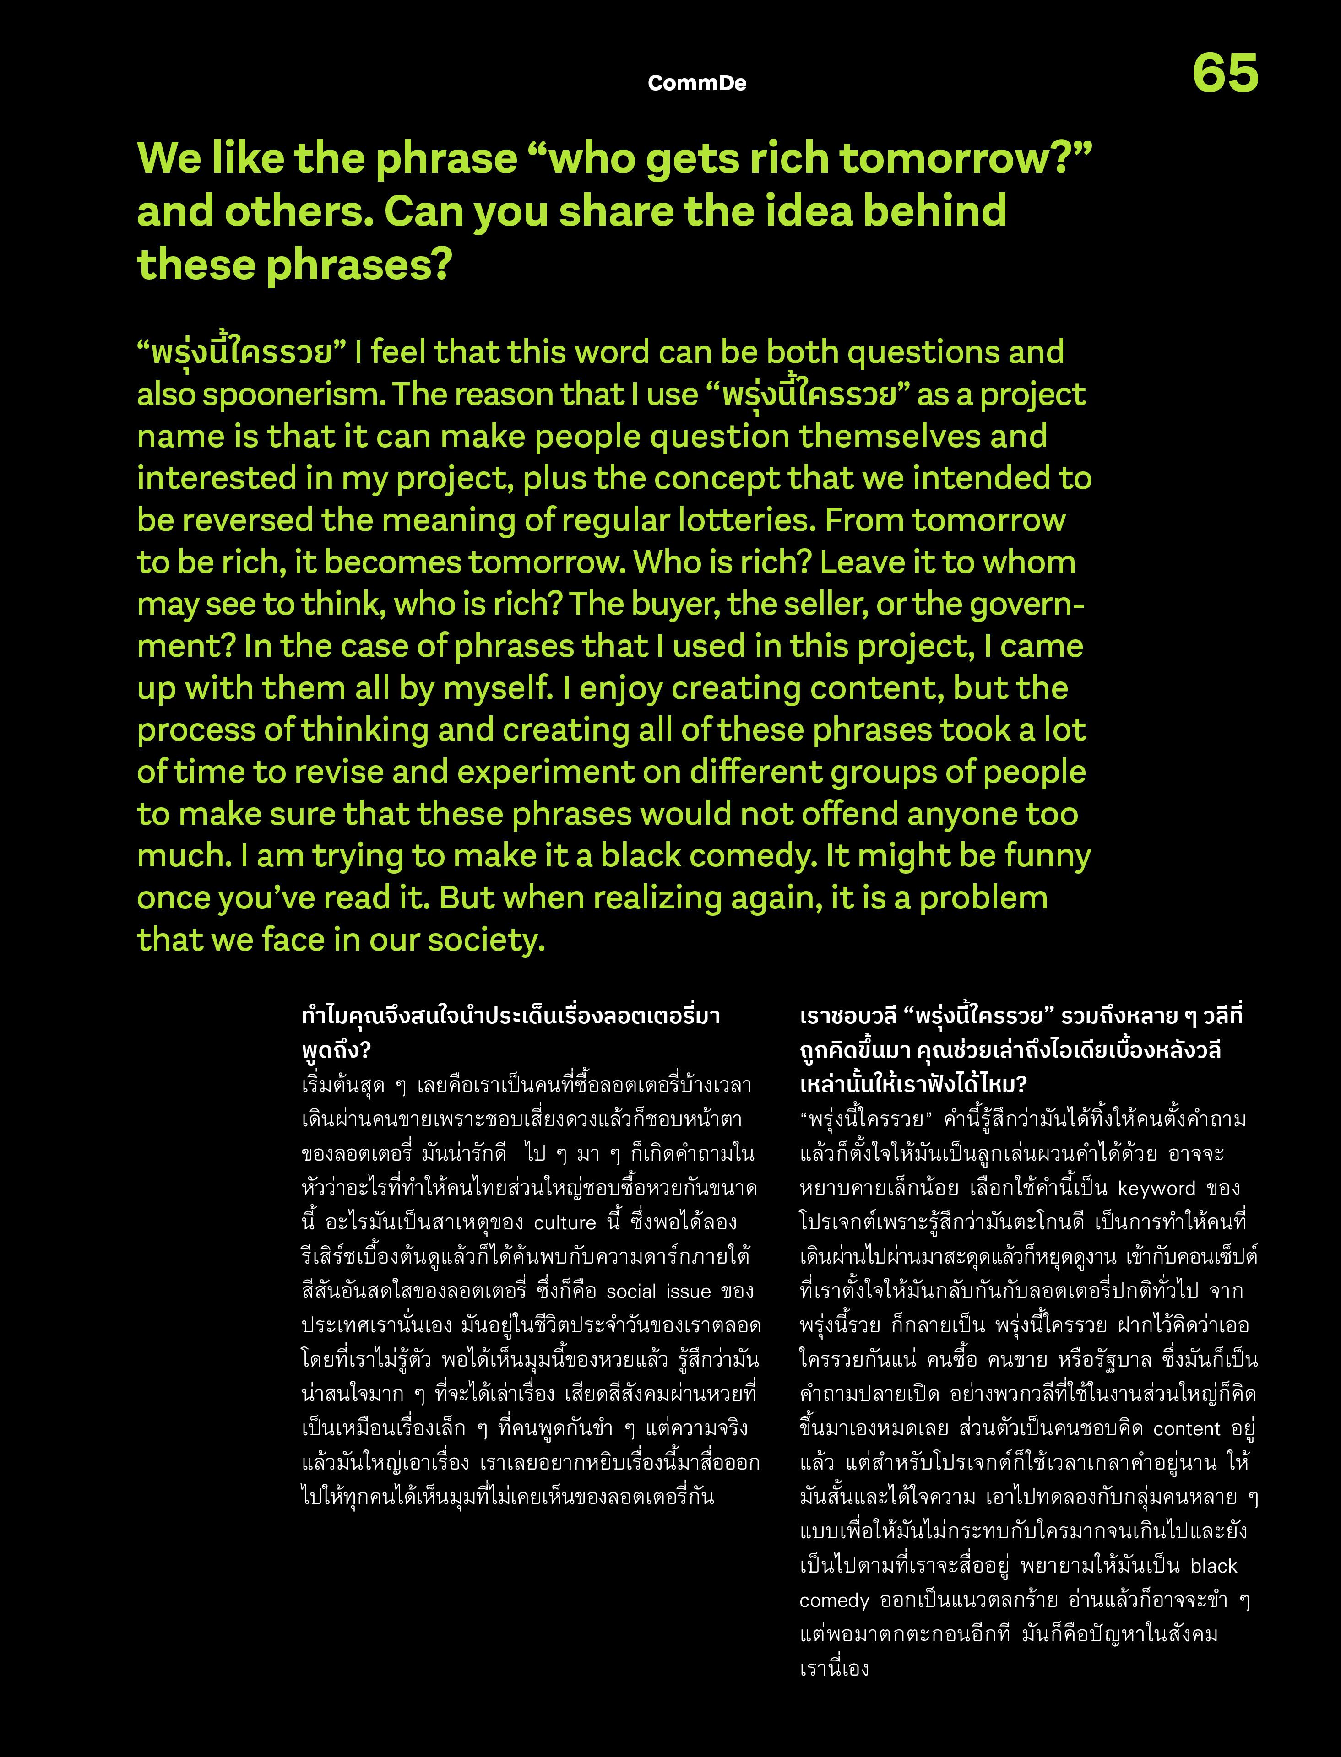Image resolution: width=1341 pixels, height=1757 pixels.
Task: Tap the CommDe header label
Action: [697, 83]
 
